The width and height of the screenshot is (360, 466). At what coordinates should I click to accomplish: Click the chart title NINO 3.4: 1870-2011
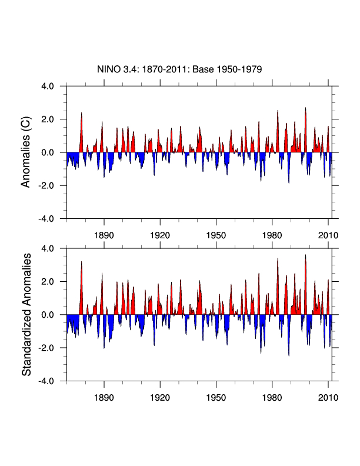click(x=179, y=69)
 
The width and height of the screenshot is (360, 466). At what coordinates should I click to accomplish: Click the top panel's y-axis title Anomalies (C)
click(x=26, y=152)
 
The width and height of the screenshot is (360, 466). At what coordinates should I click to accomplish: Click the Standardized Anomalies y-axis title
click(x=26, y=315)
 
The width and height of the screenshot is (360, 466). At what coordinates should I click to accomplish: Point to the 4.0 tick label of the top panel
click(x=47, y=86)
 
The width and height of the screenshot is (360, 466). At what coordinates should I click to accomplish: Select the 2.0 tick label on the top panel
click(x=47, y=119)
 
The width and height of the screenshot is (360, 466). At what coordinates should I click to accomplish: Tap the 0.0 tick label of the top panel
click(x=47, y=152)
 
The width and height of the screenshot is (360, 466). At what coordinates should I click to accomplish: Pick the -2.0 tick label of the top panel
click(x=46, y=186)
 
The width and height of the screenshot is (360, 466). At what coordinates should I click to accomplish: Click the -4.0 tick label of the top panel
click(x=46, y=219)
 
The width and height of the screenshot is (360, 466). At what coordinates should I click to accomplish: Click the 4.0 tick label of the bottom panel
click(x=47, y=249)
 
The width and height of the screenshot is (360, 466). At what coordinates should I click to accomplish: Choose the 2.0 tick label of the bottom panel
click(x=47, y=282)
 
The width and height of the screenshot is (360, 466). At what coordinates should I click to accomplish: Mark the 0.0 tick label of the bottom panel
click(x=47, y=315)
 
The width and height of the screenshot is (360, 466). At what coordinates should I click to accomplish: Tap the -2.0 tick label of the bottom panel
click(x=46, y=348)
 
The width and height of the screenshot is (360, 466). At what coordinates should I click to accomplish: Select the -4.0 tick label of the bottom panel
click(x=46, y=381)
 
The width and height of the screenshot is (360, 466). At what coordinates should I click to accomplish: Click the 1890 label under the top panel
click(x=104, y=234)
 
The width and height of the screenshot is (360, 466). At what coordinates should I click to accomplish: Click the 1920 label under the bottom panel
click(x=160, y=396)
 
